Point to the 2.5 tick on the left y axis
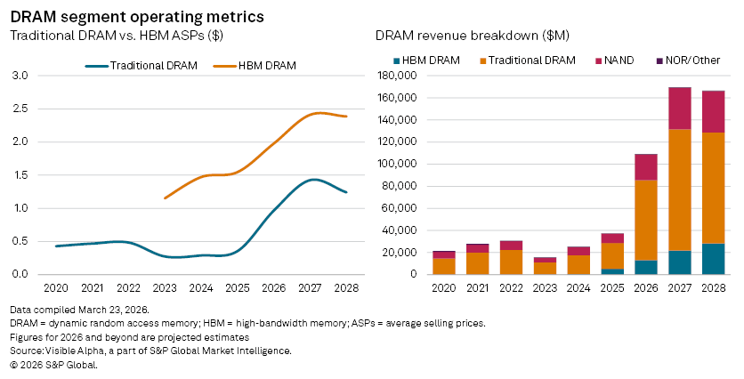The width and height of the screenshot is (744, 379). [x=20, y=109]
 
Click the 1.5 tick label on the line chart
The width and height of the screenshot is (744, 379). [x=20, y=175]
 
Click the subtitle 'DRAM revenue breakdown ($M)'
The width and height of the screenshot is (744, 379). [x=472, y=36]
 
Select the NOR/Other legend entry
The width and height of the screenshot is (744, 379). [x=685, y=60]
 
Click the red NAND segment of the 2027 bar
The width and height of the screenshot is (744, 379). [x=680, y=108]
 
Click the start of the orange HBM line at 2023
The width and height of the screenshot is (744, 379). [x=166, y=198]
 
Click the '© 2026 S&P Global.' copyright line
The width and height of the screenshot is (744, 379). [x=53, y=365]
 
